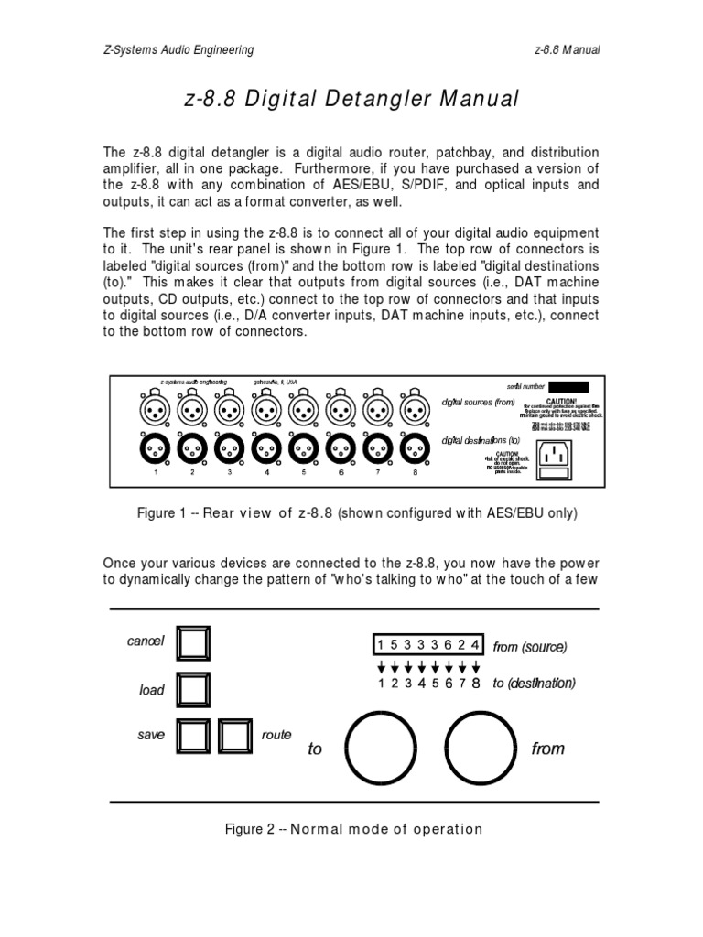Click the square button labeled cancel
tap(193, 644)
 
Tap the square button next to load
tap(193, 689)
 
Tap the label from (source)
tap(530, 647)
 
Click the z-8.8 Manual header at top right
tap(567, 49)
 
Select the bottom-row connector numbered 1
tap(157, 448)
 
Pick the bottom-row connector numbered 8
tap(415, 448)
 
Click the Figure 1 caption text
tap(357, 514)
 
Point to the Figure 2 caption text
tap(353, 829)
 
